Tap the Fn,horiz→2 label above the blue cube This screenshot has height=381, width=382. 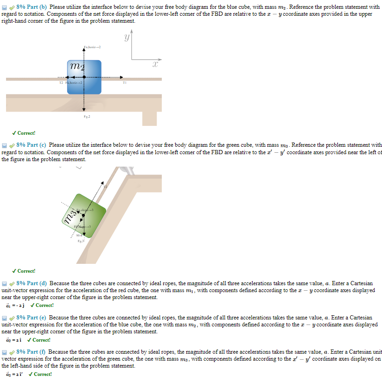coord(92,47)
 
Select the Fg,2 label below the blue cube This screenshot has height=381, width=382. coord(87,116)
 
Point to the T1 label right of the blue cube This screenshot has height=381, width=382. coord(124,83)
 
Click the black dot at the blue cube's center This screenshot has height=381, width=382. coord(84,78)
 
